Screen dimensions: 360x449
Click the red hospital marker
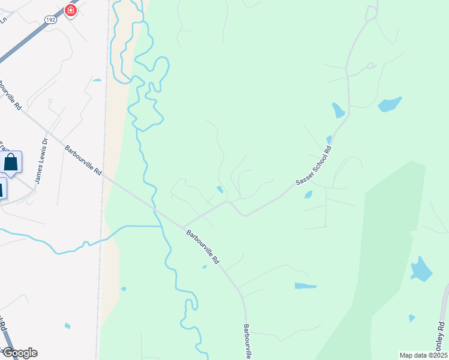(71, 10)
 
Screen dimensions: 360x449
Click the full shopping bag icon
(11, 161)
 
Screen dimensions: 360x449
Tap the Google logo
(19, 352)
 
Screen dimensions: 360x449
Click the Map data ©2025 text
(423, 355)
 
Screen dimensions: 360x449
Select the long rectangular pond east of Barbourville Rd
(306, 286)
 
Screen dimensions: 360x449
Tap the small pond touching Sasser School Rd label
(329, 139)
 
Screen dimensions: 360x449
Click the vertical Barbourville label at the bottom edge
(248, 342)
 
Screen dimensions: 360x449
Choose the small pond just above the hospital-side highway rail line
(97, 80)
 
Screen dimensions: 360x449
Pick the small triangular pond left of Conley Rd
(411, 317)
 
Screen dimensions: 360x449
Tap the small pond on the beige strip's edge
(123, 289)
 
